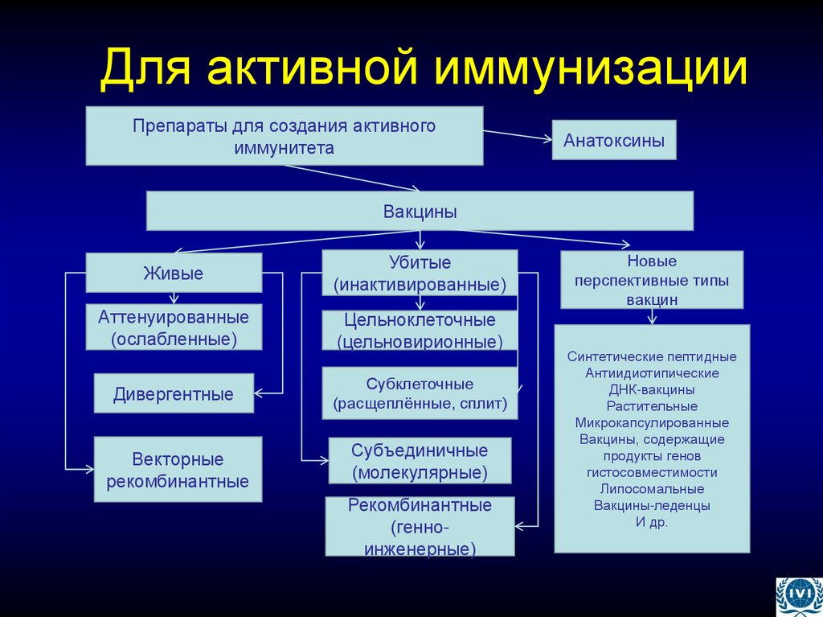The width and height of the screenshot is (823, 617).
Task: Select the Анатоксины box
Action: click(x=613, y=140)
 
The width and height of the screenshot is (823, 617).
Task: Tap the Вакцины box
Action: click(x=420, y=212)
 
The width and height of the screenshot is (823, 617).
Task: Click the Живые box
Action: click(x=174, y=273)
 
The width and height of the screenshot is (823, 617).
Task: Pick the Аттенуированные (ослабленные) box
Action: click(x=174, y=327)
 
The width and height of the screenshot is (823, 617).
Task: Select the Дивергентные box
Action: click(x=174, y=394)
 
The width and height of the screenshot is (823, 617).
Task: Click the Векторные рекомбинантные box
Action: click(x=178, y=471)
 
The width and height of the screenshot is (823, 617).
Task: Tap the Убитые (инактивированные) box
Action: click(x=420, y=273)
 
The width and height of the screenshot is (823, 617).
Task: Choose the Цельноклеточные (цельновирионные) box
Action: click(x=420, y=331)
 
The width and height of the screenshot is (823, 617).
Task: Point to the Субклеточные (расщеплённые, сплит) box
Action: click(x=420, y=393)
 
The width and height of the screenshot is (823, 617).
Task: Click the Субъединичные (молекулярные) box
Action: click(x=420, y=461)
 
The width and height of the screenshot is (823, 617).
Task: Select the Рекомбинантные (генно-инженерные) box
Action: click(x=420, y=527)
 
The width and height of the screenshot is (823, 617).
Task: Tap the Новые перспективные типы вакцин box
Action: click(x=651, y=280)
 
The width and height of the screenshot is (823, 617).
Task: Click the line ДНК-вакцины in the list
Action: click(x=651, y=389)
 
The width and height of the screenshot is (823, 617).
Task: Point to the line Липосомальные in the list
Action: click(x=651, y=489)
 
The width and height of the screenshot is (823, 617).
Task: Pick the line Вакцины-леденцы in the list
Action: click(x=651, y=506)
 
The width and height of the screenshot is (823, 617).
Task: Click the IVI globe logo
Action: click(x=798, y=596)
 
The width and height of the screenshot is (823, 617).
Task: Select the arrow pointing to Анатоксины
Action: click(x=518, y=134)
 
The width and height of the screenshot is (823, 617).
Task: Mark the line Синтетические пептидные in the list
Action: click(x=651, y=356)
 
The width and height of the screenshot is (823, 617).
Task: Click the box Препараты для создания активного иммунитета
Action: click(x=285, y=136)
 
